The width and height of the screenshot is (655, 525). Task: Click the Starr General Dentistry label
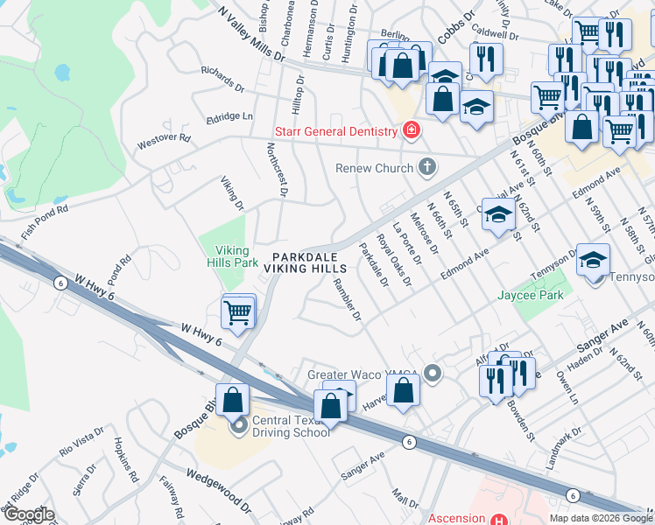click(x=336, y=131)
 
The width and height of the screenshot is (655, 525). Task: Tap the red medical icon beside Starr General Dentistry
click(x=410, y=131)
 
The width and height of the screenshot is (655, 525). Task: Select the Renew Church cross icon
click(x=426, y=166)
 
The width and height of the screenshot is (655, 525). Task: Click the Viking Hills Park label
click(x=232, y=255)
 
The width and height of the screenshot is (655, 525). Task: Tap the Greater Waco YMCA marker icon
click(x=432, y=374)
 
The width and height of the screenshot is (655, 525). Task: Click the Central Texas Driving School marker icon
click(x=238, y=429)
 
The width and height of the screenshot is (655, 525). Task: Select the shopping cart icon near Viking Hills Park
click(x=237, y=311)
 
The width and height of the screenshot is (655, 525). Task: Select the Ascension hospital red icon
click(x=497, y=518)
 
